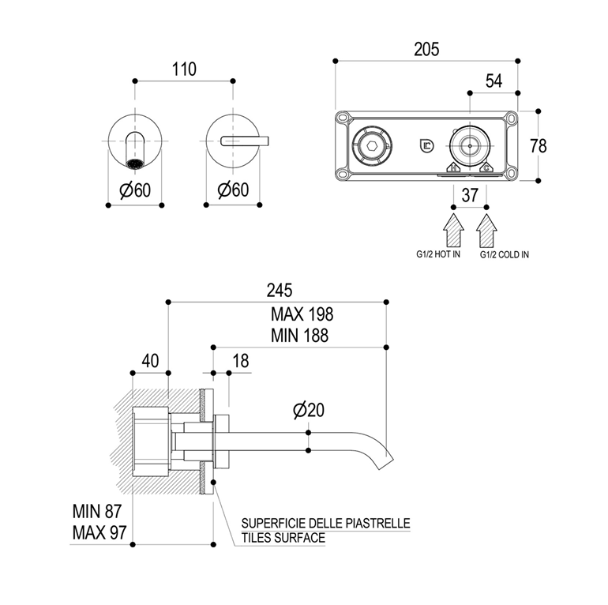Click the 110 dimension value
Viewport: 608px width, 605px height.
[x=184, y=69]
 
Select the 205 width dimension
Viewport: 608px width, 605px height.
[x=427, y=47]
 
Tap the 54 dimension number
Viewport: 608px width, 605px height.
[x=494, y=80]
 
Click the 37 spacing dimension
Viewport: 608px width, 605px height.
[x=469, y=195]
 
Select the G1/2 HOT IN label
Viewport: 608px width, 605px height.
[x=438, y=255]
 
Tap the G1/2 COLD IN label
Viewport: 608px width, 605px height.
[x=505, y=255]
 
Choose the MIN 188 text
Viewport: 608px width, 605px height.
[x=298, y=335]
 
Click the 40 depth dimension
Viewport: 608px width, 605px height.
[x=150, y=360]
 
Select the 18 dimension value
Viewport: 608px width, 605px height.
[x=241, y=360]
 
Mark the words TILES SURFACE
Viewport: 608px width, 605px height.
[x=283, y=538]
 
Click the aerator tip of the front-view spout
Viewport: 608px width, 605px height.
[x=134, y=164]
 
